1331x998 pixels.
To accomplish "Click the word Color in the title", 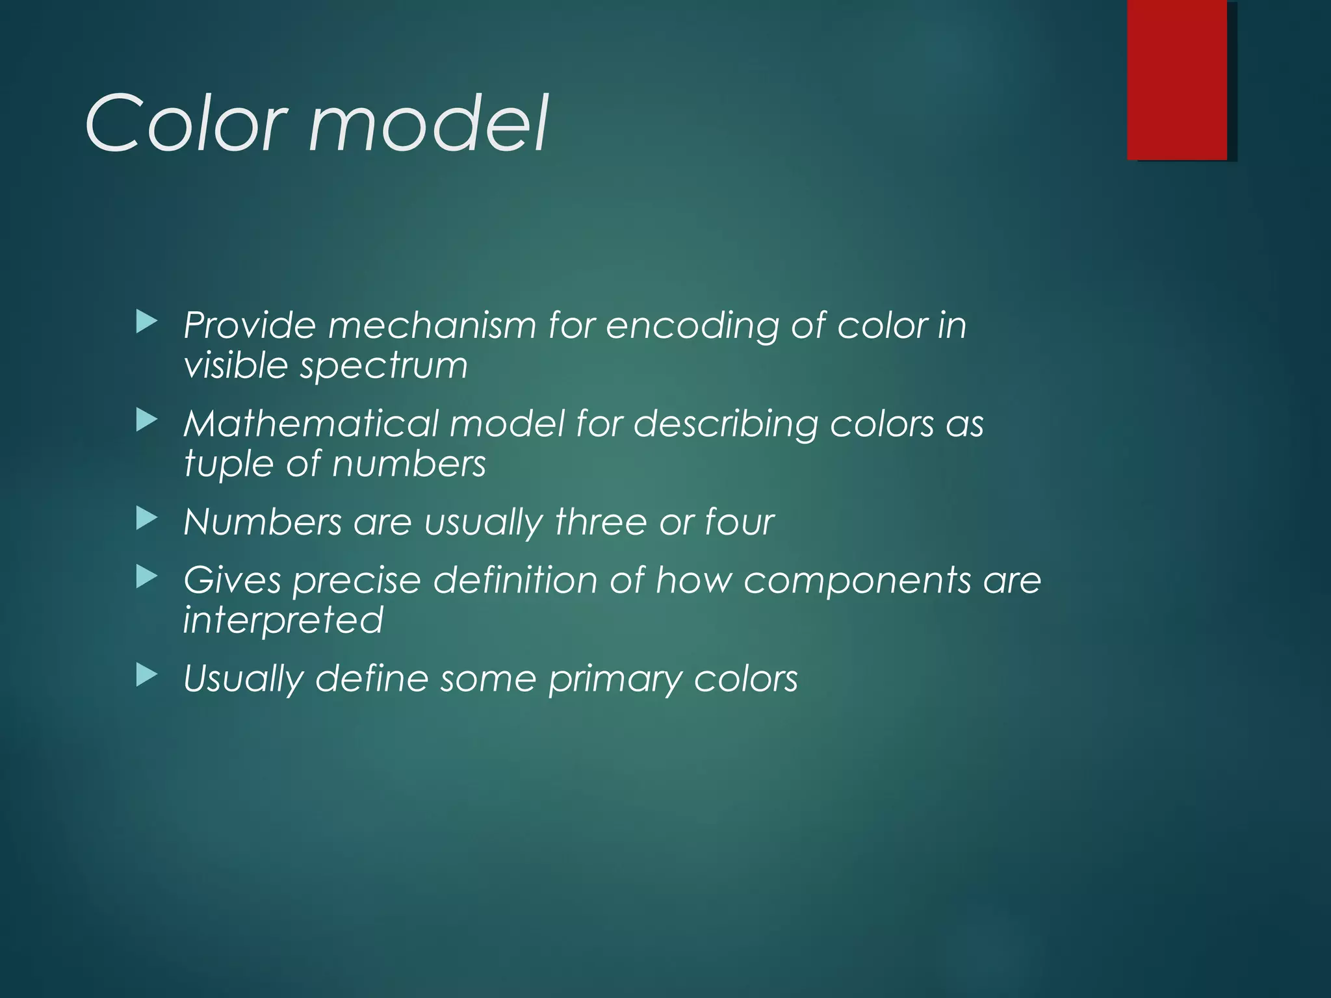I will click(185, 123).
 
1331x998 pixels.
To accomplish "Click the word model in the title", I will click(429, 123).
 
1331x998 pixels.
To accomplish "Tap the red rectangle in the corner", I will click(1177, 79).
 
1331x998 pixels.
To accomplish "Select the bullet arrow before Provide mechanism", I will click(147, 322).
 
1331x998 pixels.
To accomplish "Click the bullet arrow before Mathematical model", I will click(147, 421).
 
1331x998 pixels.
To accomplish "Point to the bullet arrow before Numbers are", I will click(147, 519).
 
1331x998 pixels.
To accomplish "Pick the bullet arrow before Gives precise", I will click(147, 577).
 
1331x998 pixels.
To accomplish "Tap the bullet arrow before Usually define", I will click(147, 676).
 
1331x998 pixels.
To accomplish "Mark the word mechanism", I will click(432, 325).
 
